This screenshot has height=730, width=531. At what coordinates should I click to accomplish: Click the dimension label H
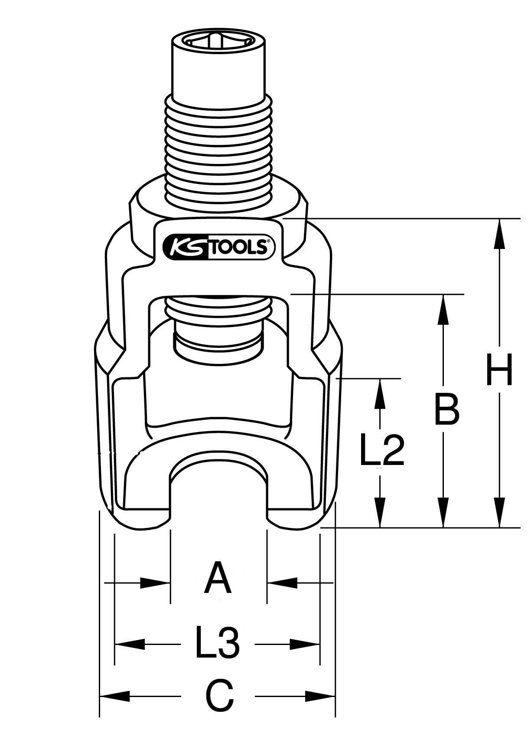point(499,370)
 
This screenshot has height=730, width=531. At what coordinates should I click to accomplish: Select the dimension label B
point(446,409)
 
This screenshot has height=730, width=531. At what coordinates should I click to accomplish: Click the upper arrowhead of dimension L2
point(380,393)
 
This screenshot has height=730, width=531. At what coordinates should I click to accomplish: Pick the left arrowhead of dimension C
point(114,697)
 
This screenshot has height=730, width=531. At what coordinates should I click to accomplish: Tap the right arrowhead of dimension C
point(321,697)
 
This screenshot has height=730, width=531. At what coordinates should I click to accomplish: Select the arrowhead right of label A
point(282,583)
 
